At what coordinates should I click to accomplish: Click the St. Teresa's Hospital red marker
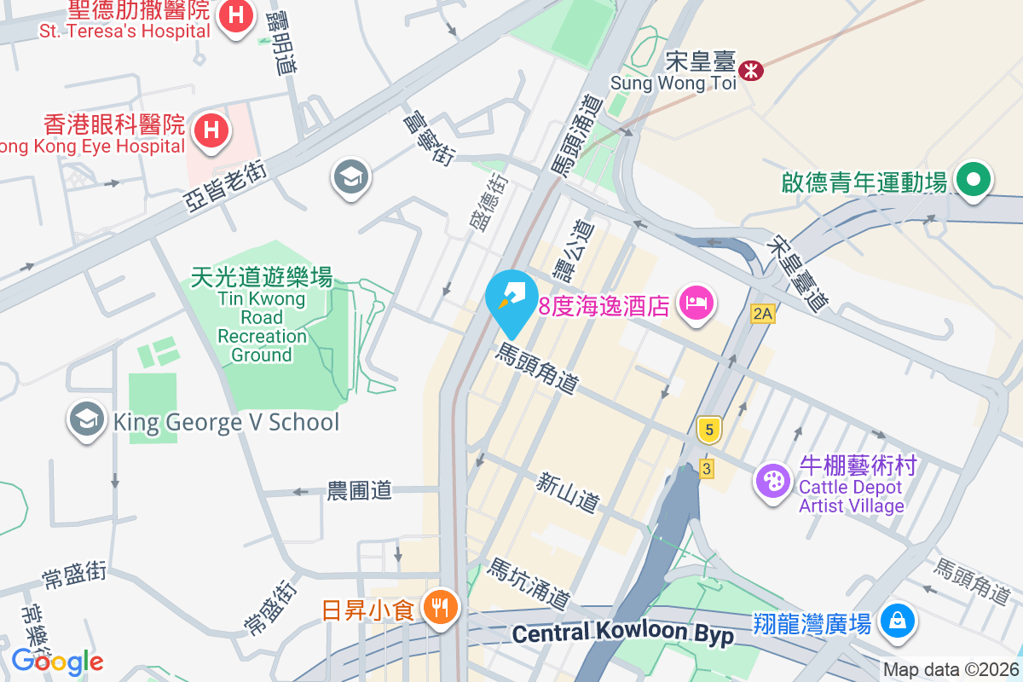pos(234,16)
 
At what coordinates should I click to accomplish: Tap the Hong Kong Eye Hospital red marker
pos(210,131)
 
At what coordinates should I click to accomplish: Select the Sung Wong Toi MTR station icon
pos(751,70)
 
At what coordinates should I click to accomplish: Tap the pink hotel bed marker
pos(696,303)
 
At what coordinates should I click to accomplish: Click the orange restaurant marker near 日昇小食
pos(440,608)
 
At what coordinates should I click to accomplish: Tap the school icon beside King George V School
pos(86,420)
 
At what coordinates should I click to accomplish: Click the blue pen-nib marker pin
pos(511,299)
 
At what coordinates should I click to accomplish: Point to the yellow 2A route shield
pos(762,314)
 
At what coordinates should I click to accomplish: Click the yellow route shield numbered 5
pos(708,429)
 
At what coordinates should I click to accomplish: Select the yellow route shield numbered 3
pos(706,468)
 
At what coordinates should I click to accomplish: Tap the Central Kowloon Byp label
pos(623,633)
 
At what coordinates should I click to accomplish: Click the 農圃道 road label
pos(359,490)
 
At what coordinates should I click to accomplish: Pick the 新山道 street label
pos(568,494)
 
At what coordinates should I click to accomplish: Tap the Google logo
pos(57,662)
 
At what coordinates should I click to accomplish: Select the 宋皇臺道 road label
pos(797,273)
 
